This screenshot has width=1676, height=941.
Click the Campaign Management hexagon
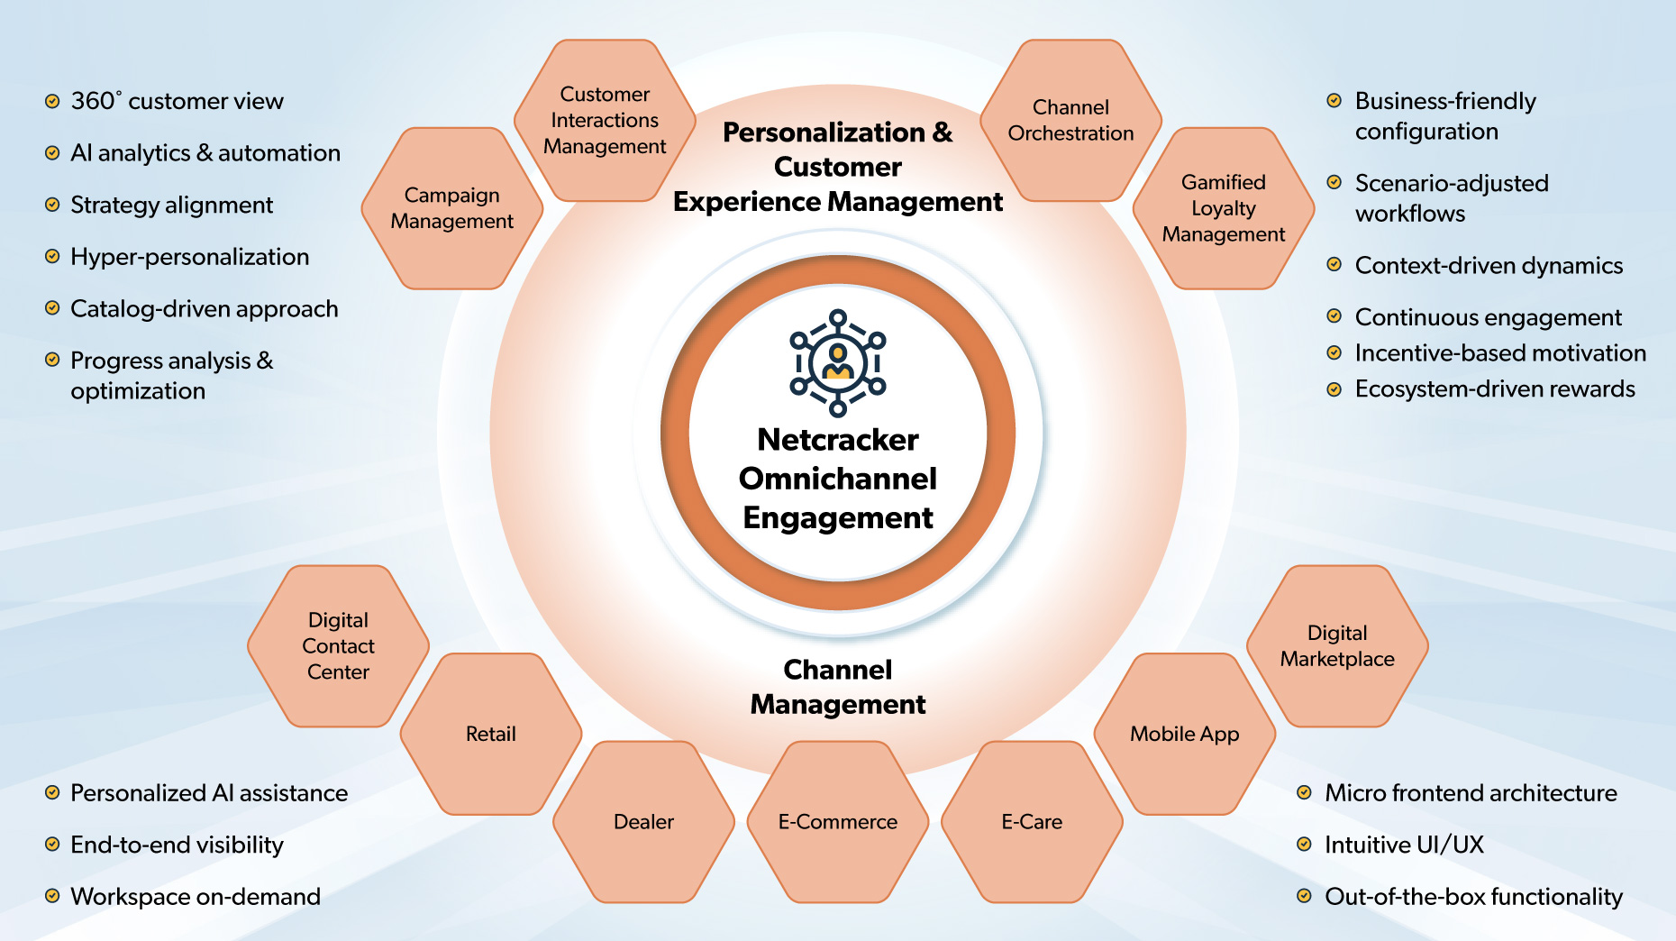point(451,208)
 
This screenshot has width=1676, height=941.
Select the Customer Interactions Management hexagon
point(605,120)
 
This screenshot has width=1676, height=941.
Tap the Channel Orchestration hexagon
point(1070,120)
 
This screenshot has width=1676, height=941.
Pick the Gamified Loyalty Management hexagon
point(1223,208)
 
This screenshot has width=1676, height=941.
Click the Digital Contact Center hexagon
point(338,645)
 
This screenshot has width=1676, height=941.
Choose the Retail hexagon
point(491,734)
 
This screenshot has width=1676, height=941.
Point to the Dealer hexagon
point(643,821)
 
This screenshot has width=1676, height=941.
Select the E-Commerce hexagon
point(838,821)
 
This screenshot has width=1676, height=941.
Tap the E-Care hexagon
point(1032,821)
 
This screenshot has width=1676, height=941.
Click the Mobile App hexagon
point(1184,734)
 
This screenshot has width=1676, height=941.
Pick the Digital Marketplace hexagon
point(1337,645)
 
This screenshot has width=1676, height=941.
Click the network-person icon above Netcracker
point(838,363)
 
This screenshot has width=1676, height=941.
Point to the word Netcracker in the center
point(838,440)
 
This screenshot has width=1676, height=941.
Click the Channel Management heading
point(838,687)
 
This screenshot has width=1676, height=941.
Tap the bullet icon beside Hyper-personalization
point(52,257)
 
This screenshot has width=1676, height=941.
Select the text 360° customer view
point(177,101)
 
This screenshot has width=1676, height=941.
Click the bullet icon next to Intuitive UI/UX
point(1304,845)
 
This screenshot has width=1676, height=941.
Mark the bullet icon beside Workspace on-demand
point(52,896)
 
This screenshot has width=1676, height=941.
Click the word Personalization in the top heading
point(824,132)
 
